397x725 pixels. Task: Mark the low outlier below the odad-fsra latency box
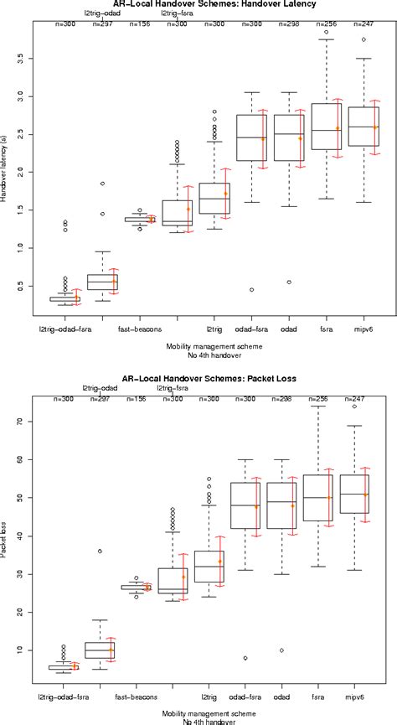click(x=251, y=290)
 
